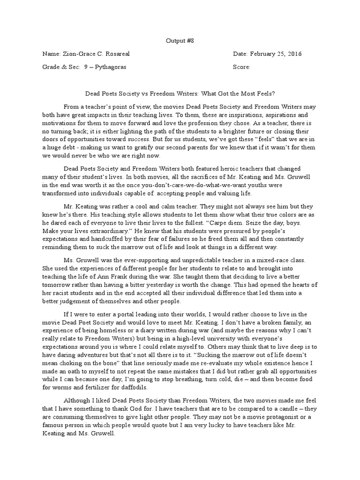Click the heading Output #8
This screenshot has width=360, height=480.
tap(180, 41)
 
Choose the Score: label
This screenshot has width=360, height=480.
tap(241, 67)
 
